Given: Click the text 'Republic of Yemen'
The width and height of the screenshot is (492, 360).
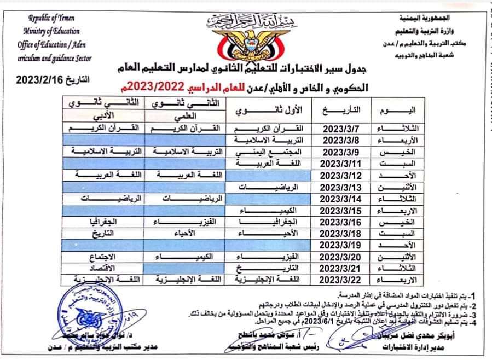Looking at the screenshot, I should pyautogui.click(x=51, y=18).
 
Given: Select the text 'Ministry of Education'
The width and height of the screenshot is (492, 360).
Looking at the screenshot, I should pyautogui.click(x=51, y=31).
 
